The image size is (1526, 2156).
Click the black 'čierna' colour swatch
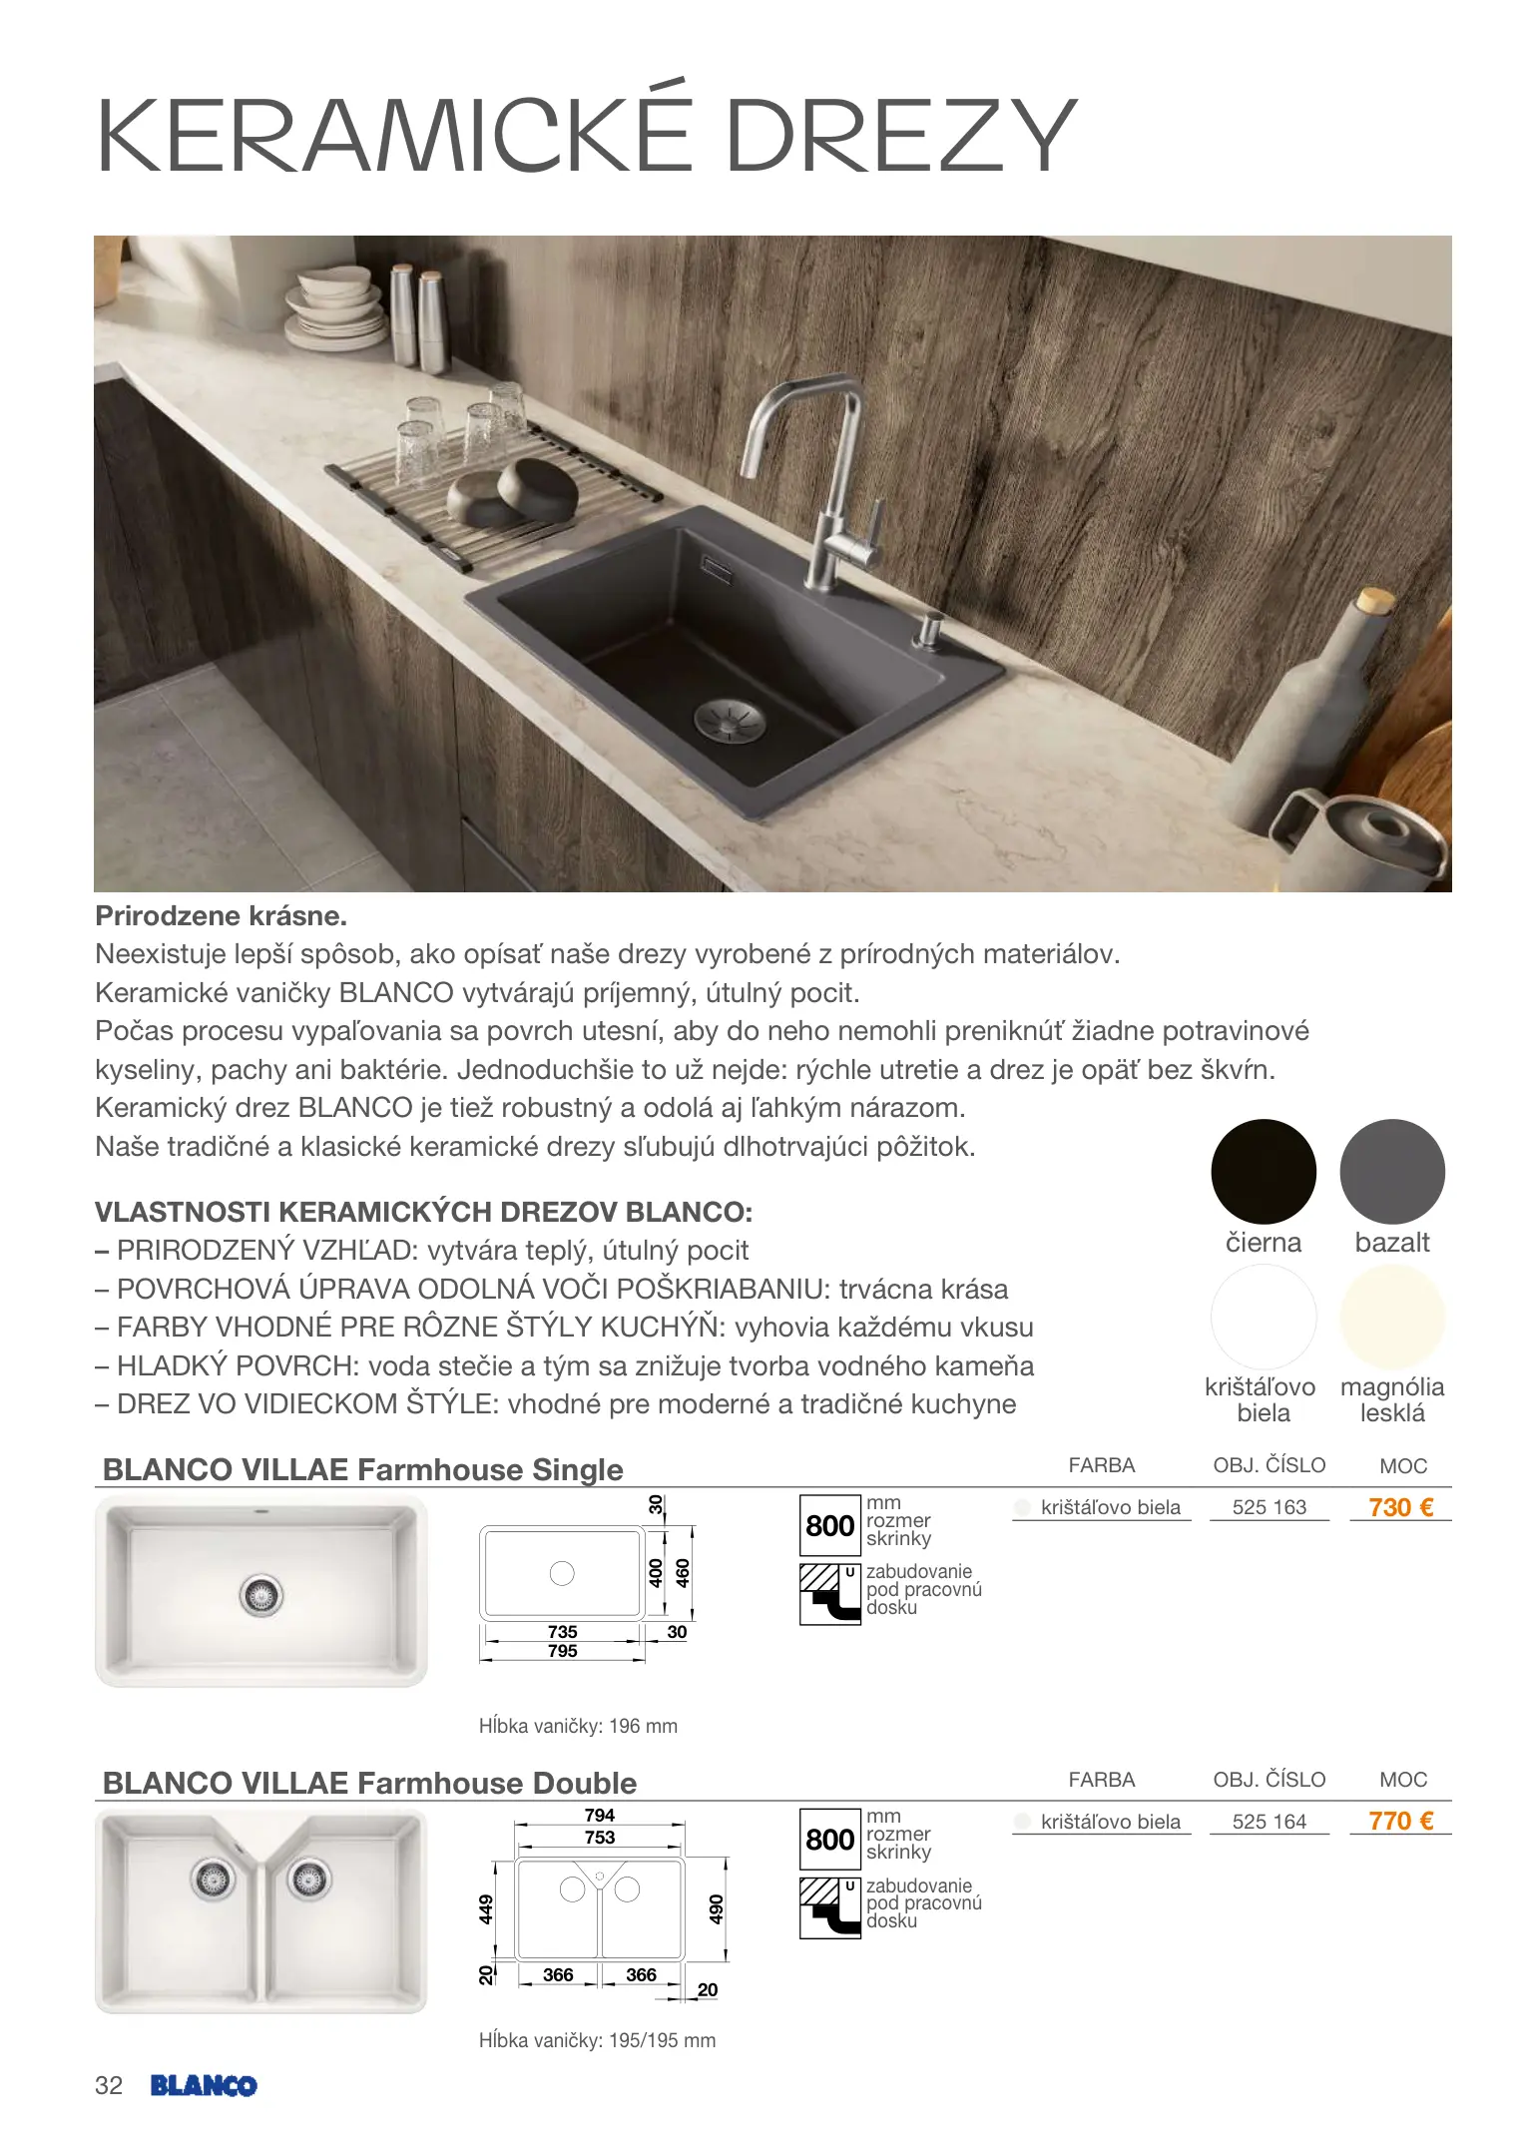click(1263, 1171)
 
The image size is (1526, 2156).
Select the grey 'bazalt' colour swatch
click(1391, 1171)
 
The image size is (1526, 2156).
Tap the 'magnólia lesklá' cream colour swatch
click(1391, 1317)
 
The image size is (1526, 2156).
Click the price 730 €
click(1400, 1507)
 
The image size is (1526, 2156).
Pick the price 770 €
click(1400, 1822)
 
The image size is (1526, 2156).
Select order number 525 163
click(1269, 1507)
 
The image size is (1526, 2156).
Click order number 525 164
click(1269, 1822)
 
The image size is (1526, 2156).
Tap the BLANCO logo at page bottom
click(204, 2085)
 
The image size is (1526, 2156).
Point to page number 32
click(109, 2085)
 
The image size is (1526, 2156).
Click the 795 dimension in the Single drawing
click(562, 1651)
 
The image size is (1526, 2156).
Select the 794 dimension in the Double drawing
click(599, 1815)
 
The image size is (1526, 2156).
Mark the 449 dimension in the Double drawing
click(486, 1909)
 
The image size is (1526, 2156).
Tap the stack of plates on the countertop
click(333, 305)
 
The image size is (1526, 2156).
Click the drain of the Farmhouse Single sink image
click(261, 1595)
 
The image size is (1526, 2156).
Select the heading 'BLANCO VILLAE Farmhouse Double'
click(369, 1783)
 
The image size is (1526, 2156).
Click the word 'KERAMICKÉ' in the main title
click(394, 135)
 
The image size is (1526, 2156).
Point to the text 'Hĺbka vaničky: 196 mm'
click(578, 1726)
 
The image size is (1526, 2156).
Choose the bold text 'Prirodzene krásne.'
click(221, 915)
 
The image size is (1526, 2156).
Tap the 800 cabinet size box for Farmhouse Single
click(829, 1525)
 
